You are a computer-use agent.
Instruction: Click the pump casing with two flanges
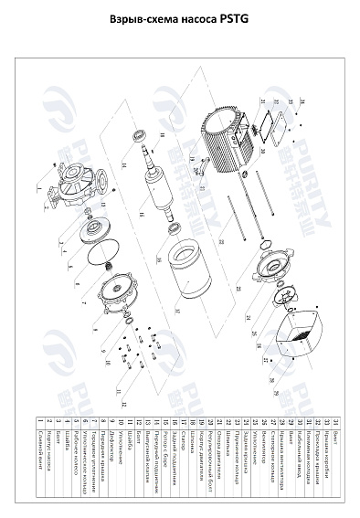[x=69, y=188]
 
